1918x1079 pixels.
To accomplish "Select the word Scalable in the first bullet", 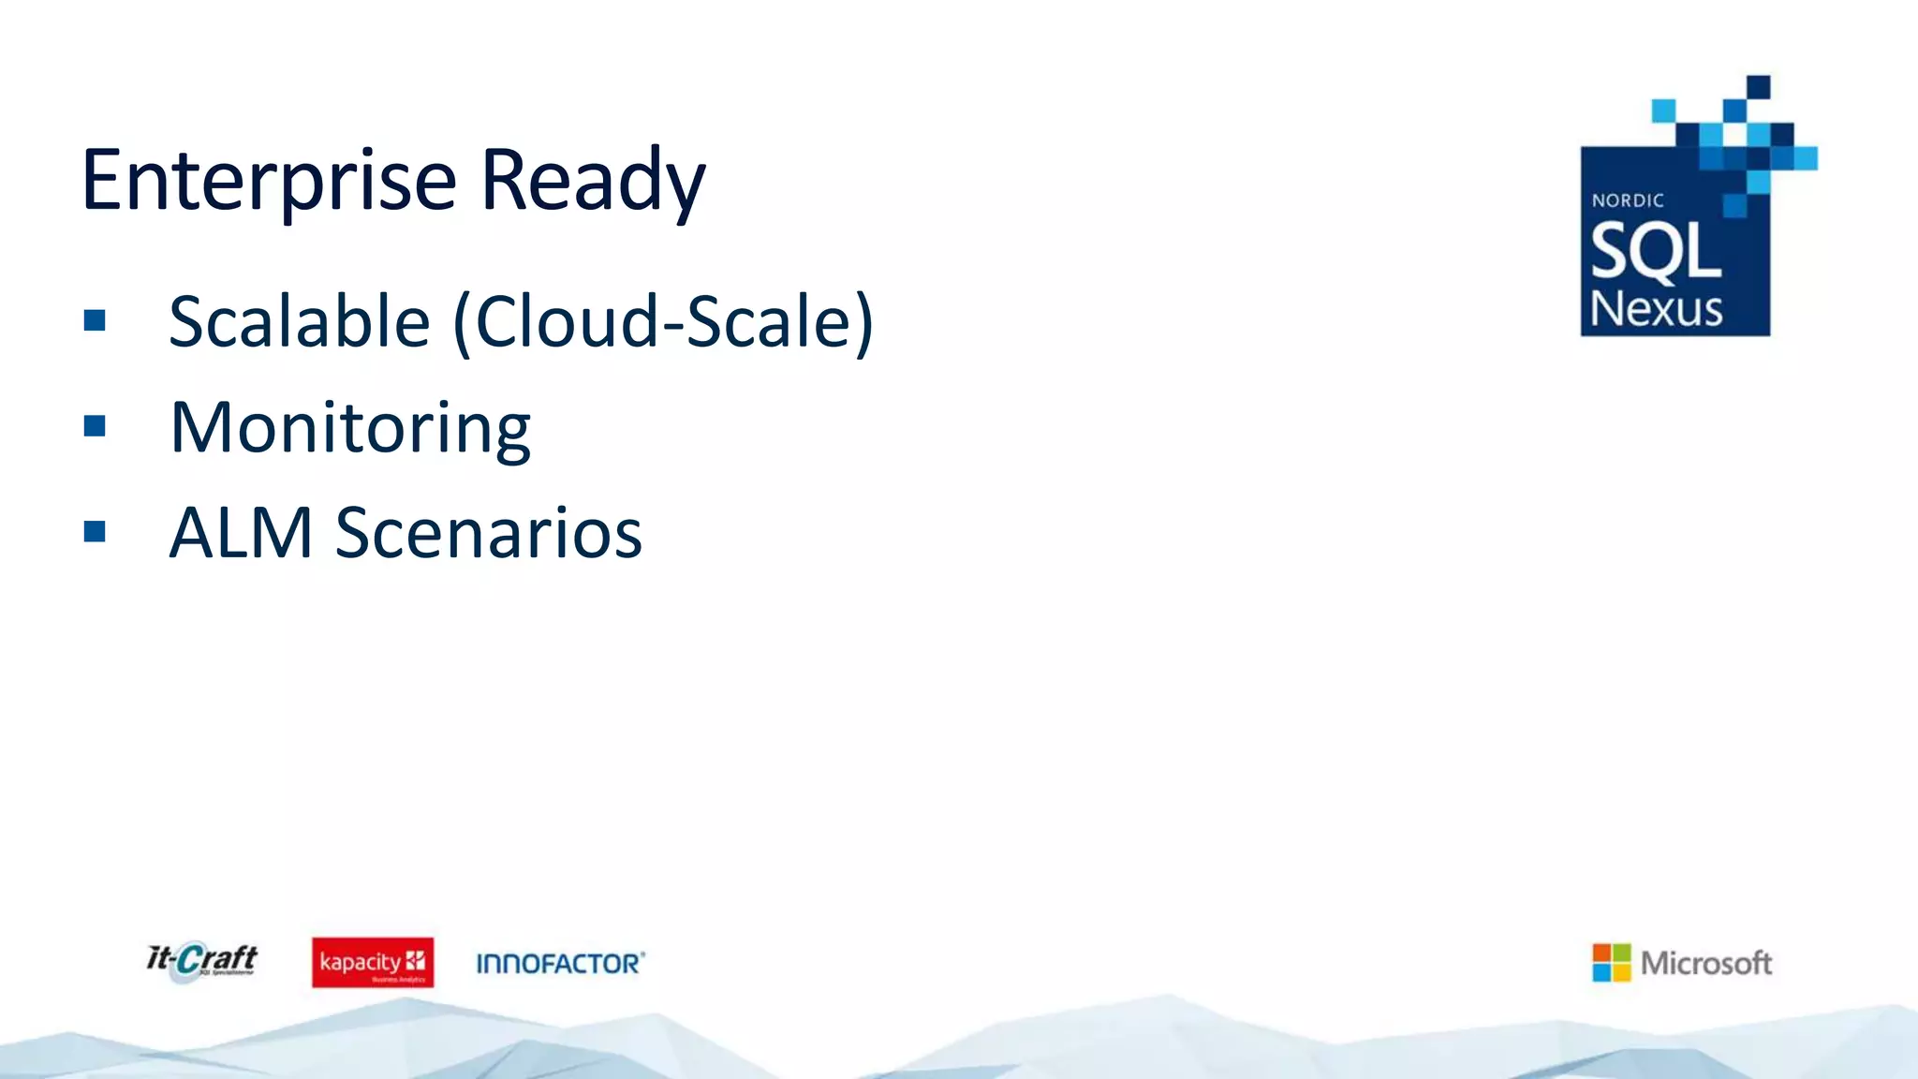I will pyautogui.click(x=299, y=321).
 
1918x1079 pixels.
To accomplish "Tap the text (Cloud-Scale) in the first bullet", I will pyautogui.click(x=663, y=321).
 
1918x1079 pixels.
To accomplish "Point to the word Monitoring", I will pyautogui.click(x=350, y=428).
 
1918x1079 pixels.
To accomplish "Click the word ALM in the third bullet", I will pyautogui.click(x=241, y=533).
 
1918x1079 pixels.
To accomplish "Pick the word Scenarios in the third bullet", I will pyautogui.click(x=489, y=533).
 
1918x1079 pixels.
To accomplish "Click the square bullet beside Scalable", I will pyautogui.click(x=95, y=321).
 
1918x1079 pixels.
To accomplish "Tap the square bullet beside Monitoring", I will pyautogui.click(x=95, y=427).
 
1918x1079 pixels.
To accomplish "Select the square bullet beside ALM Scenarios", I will pyautogui.click(x=95, y=532).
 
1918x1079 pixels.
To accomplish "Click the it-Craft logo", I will pyautogui.click(x=202, y=961).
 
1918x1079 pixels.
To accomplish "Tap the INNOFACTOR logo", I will pyautogui.click(x=560, y=963).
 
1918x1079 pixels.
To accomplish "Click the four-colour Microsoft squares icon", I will pyautogui.click(x=1611, y=963).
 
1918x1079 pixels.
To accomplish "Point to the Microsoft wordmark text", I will pyautogui.click(x=1705, y=963).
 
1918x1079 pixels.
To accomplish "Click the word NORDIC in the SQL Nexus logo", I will pyautogui.click(x=1628, y=200).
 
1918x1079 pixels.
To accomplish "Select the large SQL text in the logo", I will pyautogui.click(x=1655, y=251).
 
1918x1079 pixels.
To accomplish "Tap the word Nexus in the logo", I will pyautogui.click(x=1656, y=309).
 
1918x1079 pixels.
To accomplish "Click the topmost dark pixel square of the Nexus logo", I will pyautogui.click(x=1758, y=86).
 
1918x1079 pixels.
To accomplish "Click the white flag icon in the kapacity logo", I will pyautogui.click(x=415, y=960).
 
